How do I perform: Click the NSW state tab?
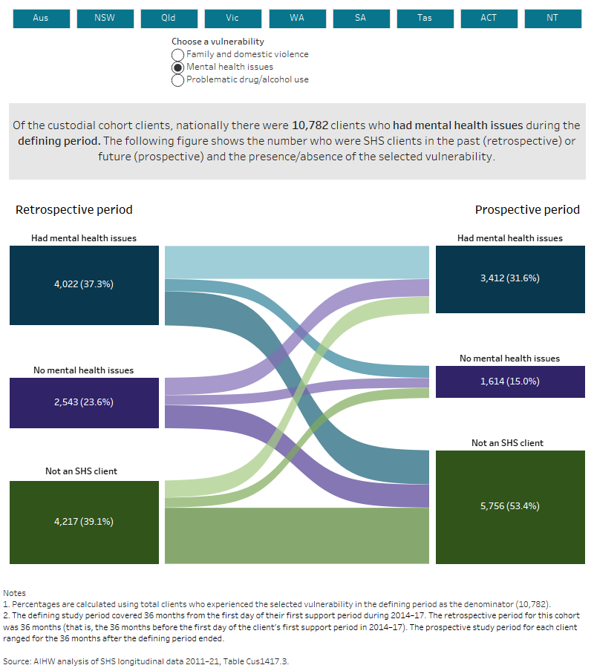pos(105,18)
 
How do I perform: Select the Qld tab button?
pos(169,18)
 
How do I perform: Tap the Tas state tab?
pos(425,18)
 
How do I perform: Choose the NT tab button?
pos(552,18)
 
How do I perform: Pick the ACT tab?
pos(489,18)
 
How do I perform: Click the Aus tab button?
pos(41,18)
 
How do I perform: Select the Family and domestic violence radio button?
pos(178,55)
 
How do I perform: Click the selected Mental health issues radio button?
pos(178,68)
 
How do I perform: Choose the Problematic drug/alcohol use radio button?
pos(178,80)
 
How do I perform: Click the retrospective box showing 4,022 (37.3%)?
pos(85,285)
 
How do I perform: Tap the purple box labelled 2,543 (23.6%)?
pos(85,402)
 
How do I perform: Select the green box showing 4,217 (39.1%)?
pos(85,522)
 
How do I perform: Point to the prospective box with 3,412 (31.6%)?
pos(509,279)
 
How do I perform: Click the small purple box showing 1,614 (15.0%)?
pos(509,382)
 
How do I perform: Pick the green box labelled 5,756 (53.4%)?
pos(509,506)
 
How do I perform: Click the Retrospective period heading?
pos(74,210)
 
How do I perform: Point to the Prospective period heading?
pos(527,210)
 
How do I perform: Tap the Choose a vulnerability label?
pos(218,42)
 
